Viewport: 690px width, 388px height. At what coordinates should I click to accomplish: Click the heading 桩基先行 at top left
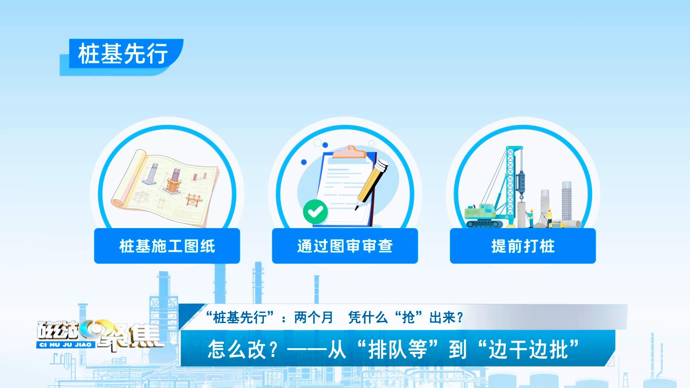[x=123, y=54]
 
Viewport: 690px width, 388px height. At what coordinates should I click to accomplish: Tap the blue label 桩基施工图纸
[x=167, y=246]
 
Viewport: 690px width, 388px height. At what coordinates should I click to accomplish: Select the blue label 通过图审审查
[x=345, y=246]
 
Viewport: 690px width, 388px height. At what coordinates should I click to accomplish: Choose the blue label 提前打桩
[x=523, y=246]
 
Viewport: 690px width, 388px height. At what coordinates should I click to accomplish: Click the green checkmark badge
[x=315, y=212]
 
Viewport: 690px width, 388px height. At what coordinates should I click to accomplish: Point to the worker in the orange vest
[x=549, y=218]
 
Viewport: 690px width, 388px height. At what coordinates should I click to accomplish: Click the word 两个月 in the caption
[x=313, y=318]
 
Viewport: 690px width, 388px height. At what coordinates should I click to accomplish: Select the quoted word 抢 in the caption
[x=408, y=318]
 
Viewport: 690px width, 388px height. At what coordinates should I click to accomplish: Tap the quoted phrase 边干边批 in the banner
[x=528, y=349]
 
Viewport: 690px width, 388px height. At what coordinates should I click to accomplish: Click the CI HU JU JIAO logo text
[x=65, y=345]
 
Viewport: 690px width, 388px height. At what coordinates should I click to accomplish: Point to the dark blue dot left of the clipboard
[x=304, y=162]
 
